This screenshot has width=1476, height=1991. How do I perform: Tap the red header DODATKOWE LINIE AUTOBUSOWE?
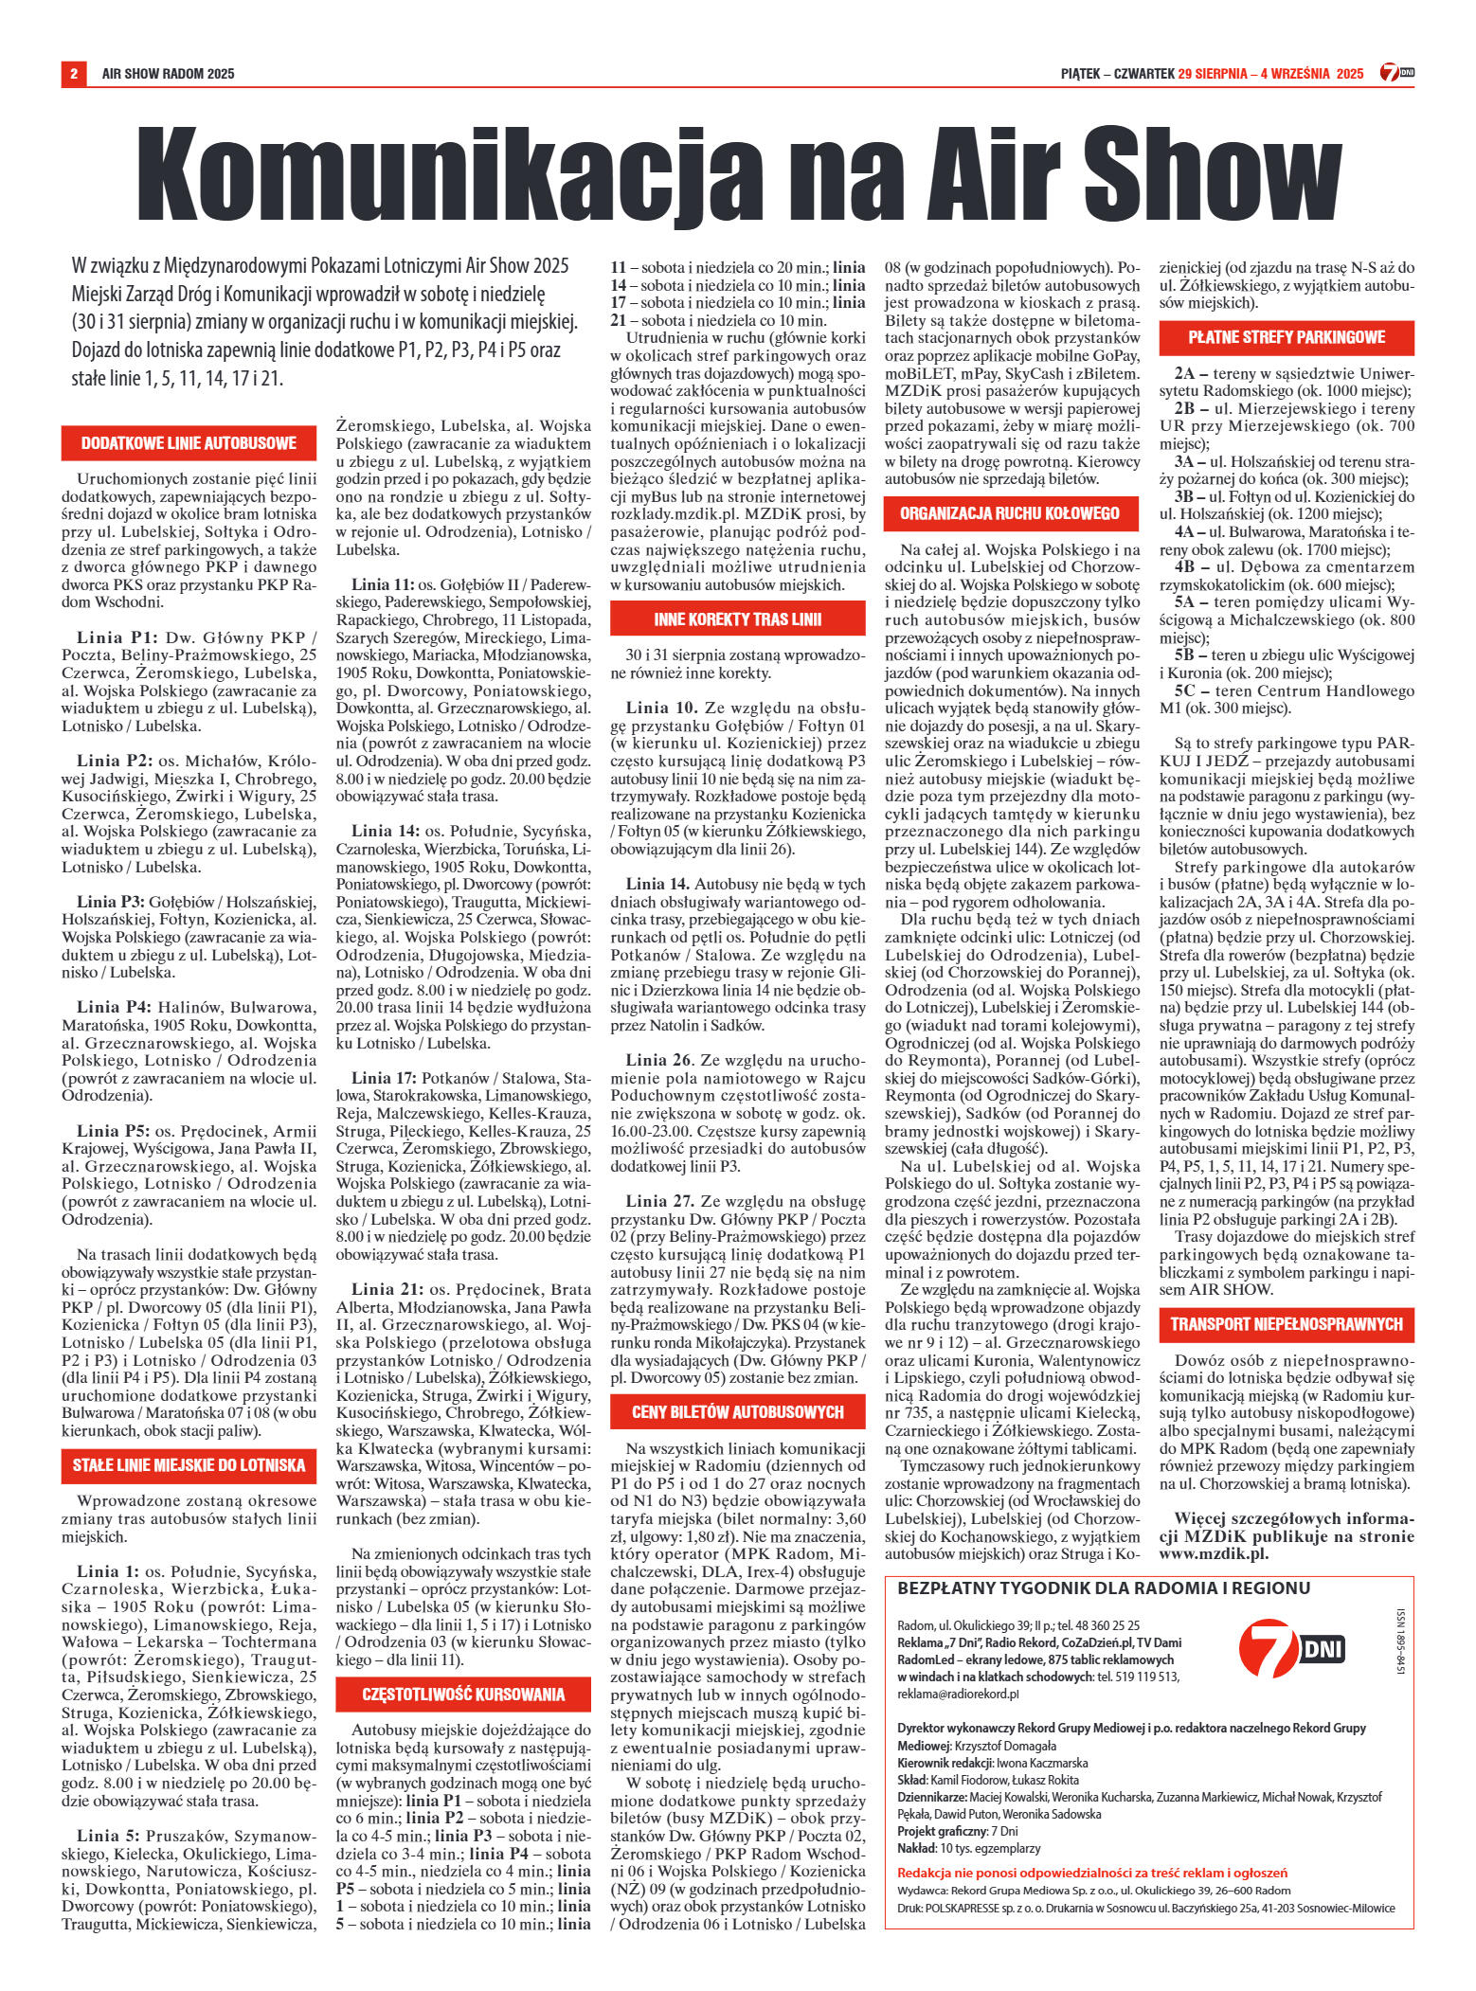point(189,443)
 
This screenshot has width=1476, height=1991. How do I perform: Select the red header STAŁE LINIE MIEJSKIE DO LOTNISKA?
point(189,1465)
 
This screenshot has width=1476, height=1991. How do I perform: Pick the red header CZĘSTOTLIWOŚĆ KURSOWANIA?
point(463,1695)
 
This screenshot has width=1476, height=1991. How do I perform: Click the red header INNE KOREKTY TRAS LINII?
point(737,619)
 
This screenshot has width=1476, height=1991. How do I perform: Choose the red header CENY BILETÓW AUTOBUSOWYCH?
point(737,1412)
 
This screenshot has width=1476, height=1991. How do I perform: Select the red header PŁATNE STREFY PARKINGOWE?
point(1287,336)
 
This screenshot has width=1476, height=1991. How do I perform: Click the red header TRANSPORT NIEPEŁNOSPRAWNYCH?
point(1287,1323)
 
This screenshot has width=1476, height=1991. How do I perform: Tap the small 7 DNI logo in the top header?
point(1397,74)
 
